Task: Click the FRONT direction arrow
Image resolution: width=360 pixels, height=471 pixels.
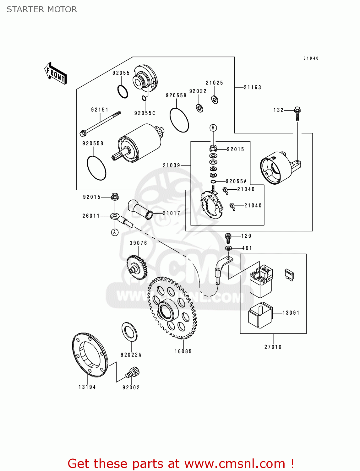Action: pos(56,73)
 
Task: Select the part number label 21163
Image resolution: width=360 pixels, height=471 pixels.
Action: pos(252,88)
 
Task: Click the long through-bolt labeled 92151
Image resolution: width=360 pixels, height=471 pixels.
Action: pos(101,123)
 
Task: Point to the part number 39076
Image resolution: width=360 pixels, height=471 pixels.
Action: pos(139,243)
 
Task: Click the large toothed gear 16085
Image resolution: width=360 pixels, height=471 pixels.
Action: pos(172,308)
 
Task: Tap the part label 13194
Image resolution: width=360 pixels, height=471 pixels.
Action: pos(87,387)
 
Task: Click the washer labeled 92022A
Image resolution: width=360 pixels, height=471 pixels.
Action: pos(129,332)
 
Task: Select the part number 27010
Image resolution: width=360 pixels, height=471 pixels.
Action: pos(273,347)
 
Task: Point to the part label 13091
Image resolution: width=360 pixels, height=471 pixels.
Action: pos(291,313)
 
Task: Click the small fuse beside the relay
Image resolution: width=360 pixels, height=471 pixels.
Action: pos(289,274)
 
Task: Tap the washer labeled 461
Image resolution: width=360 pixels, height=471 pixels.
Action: pos(229,248)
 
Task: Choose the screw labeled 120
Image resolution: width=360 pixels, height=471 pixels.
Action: pos(228,238)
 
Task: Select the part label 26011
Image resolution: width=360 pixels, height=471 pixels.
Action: pos(91,216)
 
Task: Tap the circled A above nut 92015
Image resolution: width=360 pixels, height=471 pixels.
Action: pos(213,128)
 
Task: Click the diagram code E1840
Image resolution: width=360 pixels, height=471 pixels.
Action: pos(311,58)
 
